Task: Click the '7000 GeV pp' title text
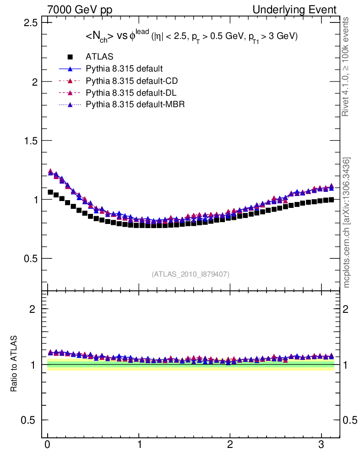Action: [80, 10]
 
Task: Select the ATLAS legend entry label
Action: [99, 57]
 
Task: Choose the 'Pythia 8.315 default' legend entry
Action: [124, 69]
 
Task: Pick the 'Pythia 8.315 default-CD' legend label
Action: [131, 81]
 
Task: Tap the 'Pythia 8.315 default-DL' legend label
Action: [131, 93]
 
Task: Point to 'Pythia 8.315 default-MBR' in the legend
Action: [135, 104]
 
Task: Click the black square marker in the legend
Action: [70, 57]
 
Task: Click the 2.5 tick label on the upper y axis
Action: [29, 22]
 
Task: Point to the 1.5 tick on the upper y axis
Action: [29, 141]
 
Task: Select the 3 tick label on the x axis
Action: [321, 445]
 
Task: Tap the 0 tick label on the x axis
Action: [48, 445]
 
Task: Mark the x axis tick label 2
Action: [230, 445]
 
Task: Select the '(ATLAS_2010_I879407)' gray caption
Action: [191, 274]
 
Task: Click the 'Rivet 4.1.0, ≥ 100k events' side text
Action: [346, 66]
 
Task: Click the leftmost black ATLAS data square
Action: [50, 192]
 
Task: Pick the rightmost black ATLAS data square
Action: [331, 199]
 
